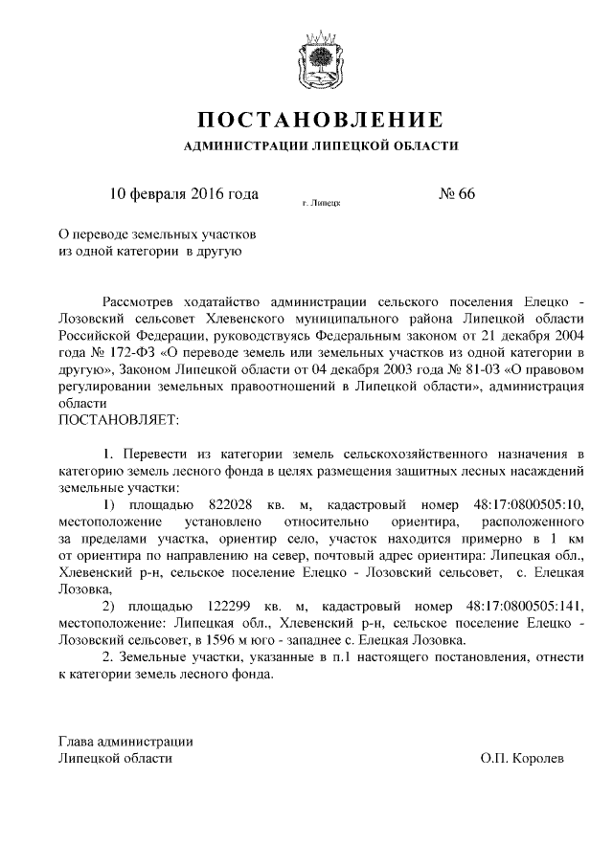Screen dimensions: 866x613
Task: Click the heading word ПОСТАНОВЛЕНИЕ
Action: (x=320, y=121)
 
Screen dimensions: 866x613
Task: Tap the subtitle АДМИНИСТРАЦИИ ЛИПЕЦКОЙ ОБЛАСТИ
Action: (x=320, y=146)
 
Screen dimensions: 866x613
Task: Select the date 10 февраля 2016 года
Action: (x=185, y=194)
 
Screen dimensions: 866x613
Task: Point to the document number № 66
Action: (x=457, y=194)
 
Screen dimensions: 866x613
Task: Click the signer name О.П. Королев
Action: (x=523, y=758)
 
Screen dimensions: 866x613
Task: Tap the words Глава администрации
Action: (x=125, y=741)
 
